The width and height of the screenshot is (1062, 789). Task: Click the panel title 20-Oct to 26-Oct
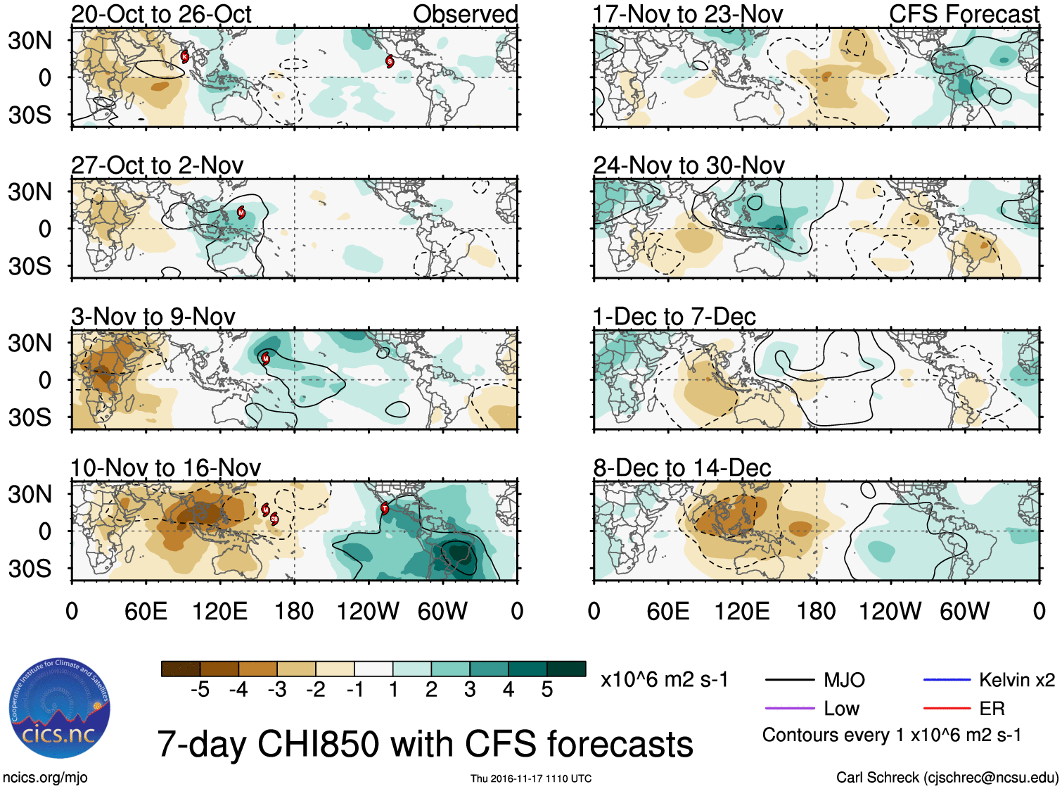(161, 14)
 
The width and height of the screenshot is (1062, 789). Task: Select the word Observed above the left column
(465, 14)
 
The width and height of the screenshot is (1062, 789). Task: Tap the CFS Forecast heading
(964, 14)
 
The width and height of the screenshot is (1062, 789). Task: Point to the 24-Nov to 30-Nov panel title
(689, 165)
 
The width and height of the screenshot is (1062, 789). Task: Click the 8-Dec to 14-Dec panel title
(682, 468)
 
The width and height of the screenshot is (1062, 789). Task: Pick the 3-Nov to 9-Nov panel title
(153, 317)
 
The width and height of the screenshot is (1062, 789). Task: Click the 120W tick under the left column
(368, 611)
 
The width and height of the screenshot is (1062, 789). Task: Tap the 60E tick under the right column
(667, 611)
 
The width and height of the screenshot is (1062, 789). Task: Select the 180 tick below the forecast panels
(816, 611)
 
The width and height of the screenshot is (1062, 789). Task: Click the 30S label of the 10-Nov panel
(30, 569)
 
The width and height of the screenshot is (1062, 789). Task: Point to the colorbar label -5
(200, 690)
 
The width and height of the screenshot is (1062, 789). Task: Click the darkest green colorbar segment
(566, 669)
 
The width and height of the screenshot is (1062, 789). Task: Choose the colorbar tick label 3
(470, 690)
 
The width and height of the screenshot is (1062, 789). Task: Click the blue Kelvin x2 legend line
(947, 680)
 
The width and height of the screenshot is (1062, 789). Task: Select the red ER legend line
(947, 709)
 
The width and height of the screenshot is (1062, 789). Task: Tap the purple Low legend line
(789, 709)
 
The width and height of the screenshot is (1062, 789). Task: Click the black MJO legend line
(789, 680)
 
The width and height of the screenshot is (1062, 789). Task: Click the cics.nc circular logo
(60, 709)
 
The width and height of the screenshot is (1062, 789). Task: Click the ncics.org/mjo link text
(45, 778)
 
